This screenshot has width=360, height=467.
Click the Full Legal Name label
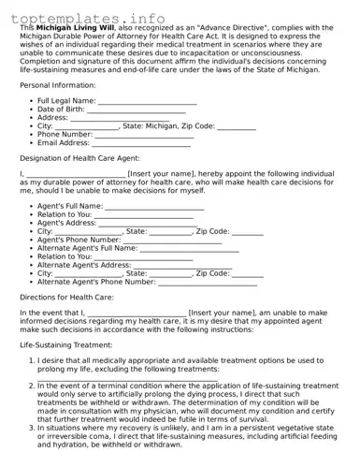tap(66, 101)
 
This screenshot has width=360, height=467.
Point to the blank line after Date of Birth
tap(137, 109)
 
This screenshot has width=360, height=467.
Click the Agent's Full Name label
tap(69, 206)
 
